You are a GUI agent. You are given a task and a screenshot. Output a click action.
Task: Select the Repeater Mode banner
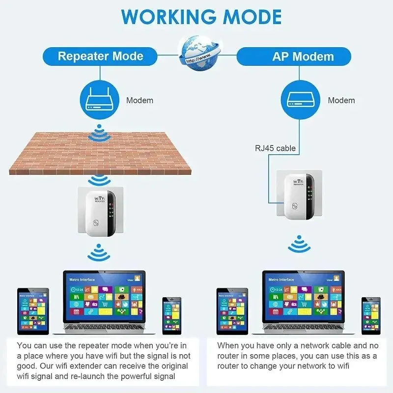click(x=100, y=56)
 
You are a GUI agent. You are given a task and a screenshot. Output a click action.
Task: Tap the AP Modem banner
click(x=303, y=56)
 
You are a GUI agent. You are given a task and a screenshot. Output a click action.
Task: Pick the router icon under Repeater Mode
click(x=100, y=100)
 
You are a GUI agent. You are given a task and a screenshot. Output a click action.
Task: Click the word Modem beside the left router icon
click(x=140, y=101)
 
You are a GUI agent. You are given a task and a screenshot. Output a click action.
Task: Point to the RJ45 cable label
click(x=275, y=148)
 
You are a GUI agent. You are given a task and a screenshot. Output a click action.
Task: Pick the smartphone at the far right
click(x=371, y=315)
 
